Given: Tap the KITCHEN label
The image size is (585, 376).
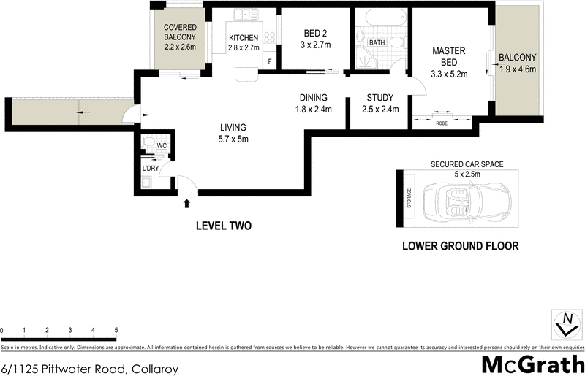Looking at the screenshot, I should click(x=244, y=38).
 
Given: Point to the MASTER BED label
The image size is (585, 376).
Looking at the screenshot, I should click(x=450, y=56).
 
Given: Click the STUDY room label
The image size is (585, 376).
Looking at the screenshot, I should click(x=380, y=98).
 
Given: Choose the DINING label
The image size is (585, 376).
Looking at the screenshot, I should click(x=313, y=98).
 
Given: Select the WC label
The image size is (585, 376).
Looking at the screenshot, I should click(x=162, y=146).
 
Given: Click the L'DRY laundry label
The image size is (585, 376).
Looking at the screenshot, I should click(x=151, y=169).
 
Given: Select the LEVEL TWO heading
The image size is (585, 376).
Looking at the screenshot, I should click(x=223, y=226).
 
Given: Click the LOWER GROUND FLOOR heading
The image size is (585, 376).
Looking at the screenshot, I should click(x=461, y=246).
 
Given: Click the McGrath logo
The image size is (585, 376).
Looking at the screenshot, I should click(x=533, y=363).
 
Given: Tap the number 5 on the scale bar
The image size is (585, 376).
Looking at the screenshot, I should click(x=116, y=331).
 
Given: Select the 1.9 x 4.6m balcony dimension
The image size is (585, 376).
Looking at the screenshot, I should click(x=518, y=70).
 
